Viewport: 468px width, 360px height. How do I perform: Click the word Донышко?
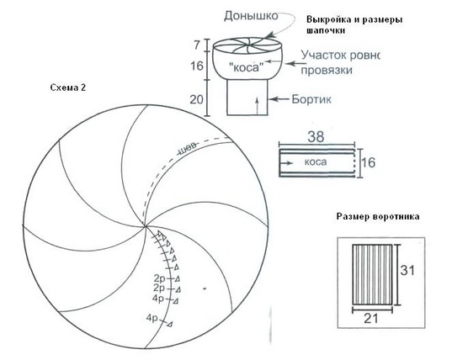point(251,16)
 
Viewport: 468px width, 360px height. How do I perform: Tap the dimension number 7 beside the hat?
point(197,45)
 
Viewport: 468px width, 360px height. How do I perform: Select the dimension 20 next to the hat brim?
point(196,99)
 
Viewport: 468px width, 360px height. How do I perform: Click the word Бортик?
point(311,99)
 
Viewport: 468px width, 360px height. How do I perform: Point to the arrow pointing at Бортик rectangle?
point(279,99)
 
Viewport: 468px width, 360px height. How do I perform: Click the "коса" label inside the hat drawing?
point(246,67)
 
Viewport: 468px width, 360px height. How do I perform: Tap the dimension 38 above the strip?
point(316,136)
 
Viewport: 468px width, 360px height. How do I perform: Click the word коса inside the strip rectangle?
point(316,162)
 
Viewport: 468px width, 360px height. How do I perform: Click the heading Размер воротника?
point(378,216)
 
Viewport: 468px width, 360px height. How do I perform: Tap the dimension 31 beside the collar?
point(407,271)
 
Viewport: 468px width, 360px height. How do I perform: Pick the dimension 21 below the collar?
point(371,319)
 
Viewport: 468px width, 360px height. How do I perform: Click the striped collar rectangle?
point(372,275)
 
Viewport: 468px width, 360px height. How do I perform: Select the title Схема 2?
point(68,87)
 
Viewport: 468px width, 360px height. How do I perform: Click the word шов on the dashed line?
point(188,149)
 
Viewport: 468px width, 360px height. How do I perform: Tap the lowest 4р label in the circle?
point(152,318)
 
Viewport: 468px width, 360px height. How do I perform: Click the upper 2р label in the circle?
point(159,278)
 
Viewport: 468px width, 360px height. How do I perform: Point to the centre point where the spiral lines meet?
point(145,226)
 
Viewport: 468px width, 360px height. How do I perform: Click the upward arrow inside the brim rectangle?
point(257,107)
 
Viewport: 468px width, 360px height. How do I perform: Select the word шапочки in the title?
point(326,30)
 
